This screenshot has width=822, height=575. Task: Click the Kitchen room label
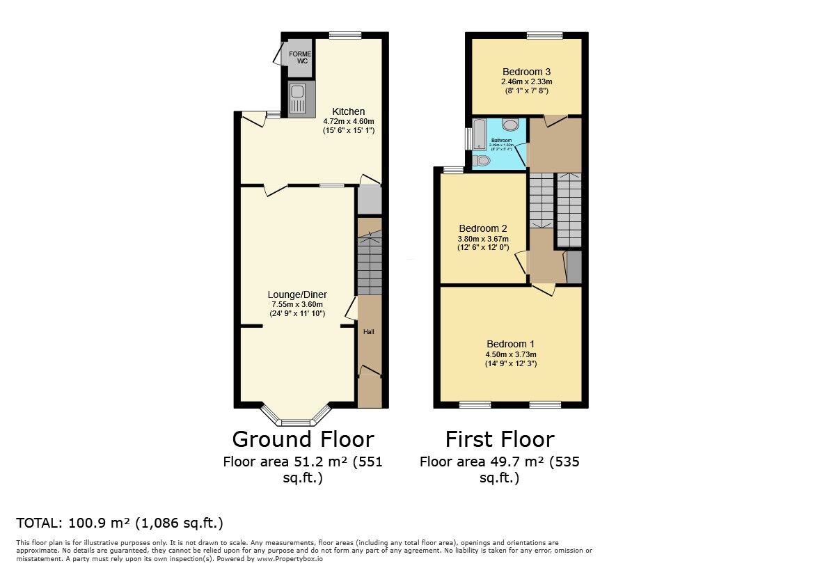point(348,111)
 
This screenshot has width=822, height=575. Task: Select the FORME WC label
point(301,58)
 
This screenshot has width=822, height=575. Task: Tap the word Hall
point(368,332)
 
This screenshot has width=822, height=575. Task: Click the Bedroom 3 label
point(526,72)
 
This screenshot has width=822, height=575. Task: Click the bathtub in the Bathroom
point(479,134)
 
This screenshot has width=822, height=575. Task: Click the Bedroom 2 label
point(482,228)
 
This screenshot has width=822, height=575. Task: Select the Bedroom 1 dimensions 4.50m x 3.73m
point(510,354)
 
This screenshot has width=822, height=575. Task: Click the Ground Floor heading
point(302,439)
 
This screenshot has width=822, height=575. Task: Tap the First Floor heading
point(499,439)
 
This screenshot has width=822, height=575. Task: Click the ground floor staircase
point(370,265)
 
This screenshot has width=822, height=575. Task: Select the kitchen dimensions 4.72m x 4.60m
point(348,121)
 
